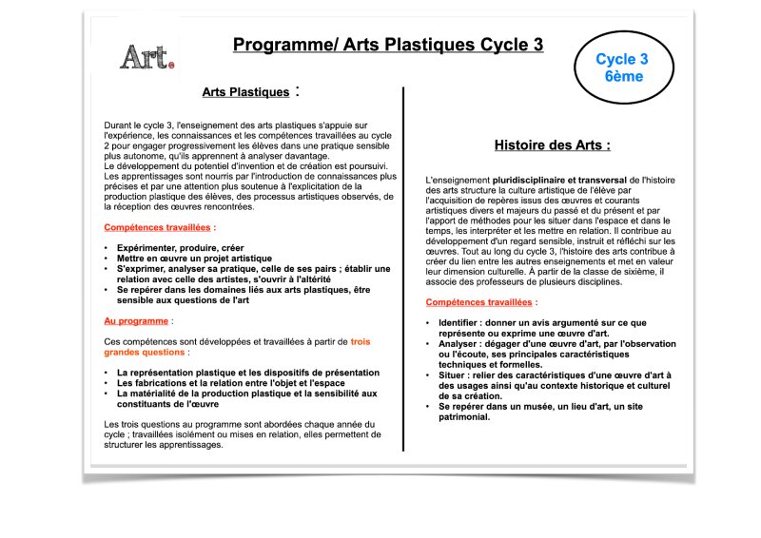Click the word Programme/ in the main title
point(277,45)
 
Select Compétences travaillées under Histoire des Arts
point(479,301)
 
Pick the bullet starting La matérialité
point(246,393)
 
